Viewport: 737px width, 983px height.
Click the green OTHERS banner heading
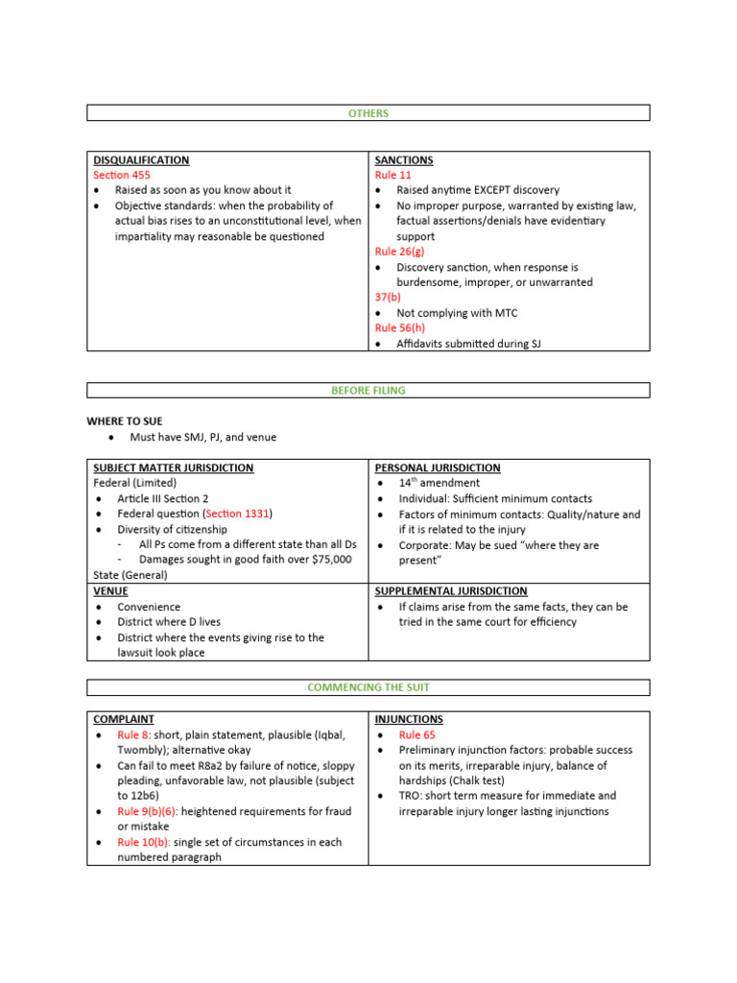pyautogui.click(x=368, y=113)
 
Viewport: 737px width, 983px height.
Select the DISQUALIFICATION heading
pyautogui.click(x=140, y=160)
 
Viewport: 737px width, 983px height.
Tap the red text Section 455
pyautogui.click(x=122, y=176)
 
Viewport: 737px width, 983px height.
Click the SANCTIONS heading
pyautogui.click(x=404, y=160)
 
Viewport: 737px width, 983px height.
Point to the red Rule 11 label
pyautogui.click(x=392, y=176)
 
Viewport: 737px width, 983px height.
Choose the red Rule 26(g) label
pyautogui.click(x=400, y=252)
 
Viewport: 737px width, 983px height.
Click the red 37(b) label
pyautogui.click(x=389, y=298)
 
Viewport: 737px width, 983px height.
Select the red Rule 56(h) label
pyautogui.click(x=400, y=328)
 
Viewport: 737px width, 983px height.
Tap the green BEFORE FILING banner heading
pyautogui.click(x=368, y=391)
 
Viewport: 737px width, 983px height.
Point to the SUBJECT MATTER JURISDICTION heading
pyautogui.click(x=173, y=468)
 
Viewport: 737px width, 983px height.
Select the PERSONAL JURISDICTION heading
pyautogui.click(x=438, y=468)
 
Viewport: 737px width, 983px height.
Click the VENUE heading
pyautogui.click(x=109, y=591)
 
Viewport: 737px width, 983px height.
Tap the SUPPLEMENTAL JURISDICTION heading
pyautogui.click(x=451, y=591)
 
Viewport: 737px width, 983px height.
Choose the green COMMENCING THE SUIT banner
pyautogui.click(x=368, y=687)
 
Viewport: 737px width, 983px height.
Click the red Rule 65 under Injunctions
pyautogui.click(x=419, y=734)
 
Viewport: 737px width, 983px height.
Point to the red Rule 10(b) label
pyautogui.click(x=145, y=842)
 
